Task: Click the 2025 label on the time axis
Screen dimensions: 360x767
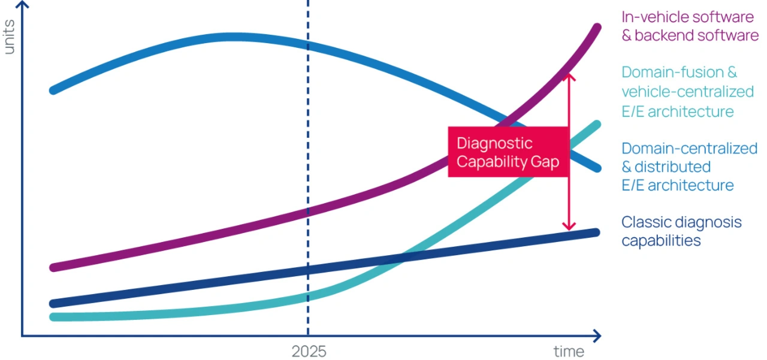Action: [x=309, y=351]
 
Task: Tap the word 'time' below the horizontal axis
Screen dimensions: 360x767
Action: [x=568, y=351]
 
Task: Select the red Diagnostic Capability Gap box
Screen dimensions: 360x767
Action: [x=508, y=152]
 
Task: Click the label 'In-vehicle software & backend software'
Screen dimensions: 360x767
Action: [x=690, y=26]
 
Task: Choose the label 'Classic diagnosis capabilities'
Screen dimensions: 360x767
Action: [x=681, y=231]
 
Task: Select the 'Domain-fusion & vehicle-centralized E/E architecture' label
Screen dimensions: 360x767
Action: [x=687, y=92]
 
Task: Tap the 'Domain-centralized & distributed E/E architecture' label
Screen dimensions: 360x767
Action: [x=689, y=167]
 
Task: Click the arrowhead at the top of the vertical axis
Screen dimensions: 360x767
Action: [x=22, y=5]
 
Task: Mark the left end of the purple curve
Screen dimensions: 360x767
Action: [x=53, y=268]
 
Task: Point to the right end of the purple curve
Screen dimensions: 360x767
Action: [x=597, y=27]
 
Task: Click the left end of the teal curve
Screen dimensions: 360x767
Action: [x=53, y=317]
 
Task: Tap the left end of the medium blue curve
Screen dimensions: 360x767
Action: [x=53, y=90]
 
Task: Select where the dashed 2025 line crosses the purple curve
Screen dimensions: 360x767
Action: [x=308, y=213]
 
